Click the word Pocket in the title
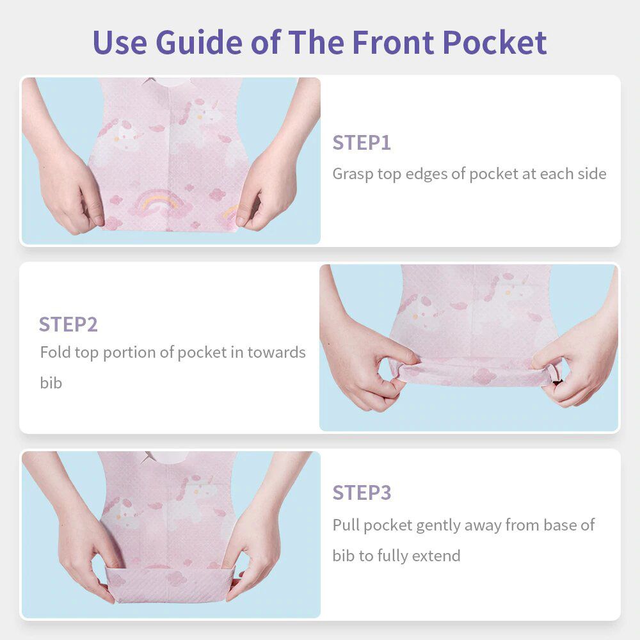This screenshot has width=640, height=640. click(494, 42)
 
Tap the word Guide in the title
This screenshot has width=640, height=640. click(199, 42)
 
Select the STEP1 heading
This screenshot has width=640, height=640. click(362, 143)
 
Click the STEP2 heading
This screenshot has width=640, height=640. click(68, 324)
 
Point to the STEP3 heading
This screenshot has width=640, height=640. click(362, 493)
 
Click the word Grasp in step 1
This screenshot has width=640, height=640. click(353, 174)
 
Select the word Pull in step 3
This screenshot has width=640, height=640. click(346, 525)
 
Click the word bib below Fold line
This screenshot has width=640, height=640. click(51, 383)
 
